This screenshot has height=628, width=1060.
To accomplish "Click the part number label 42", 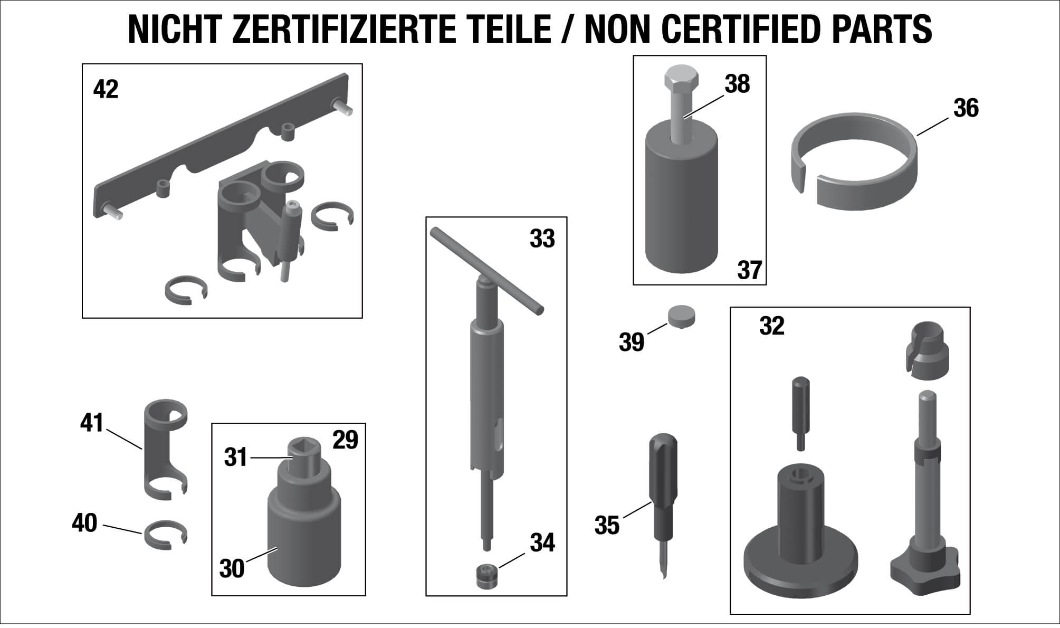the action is tap(106, 89).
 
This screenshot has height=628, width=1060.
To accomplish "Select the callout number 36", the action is tap(966, 108).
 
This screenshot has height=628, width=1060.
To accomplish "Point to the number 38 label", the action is tap(737, 84).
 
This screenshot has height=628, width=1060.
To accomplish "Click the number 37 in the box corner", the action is tap(750, 270).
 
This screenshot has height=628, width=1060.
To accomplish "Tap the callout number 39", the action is tap(632, 342).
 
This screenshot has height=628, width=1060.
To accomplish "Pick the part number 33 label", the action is tap(542, 239).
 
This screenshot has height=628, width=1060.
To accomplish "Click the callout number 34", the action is tap(543, 543).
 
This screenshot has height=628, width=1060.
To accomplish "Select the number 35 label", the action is tap(607, 525).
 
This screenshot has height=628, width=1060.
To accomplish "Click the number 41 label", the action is tap(92, 423).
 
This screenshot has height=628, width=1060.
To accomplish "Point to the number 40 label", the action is tap(84, 523).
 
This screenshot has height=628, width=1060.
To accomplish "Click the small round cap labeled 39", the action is tap(682, 317).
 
